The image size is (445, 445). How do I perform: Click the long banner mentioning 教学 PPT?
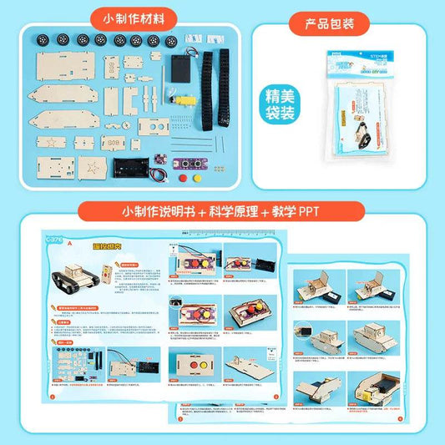(x=222, y=210)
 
